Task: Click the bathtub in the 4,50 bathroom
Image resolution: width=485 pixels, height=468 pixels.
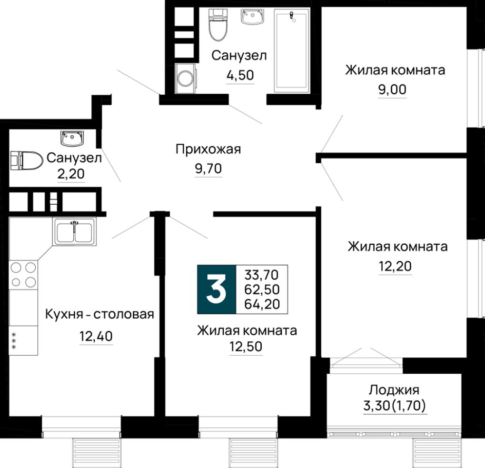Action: pyautogui.click(x=292, y=50)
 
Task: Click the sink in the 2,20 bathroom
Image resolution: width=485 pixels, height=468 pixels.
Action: pyautogui.click(x=72, y=139)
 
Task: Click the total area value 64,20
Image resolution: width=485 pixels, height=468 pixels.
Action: pyautogui.click(x=262, y=304)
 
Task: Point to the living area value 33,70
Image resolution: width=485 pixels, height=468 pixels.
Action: pyautogui.click(x=262, y=275)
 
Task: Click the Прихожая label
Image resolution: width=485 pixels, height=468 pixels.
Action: pyautogui.click(x=208, y=149)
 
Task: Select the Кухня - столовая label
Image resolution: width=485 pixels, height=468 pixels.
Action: pyautogui.click(x=99, y=314)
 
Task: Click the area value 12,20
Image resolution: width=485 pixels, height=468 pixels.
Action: pyautogui.click(x=395, y=267)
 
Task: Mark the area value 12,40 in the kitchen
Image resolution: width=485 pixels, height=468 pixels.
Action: pyautogui.click(x=96, y=337)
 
